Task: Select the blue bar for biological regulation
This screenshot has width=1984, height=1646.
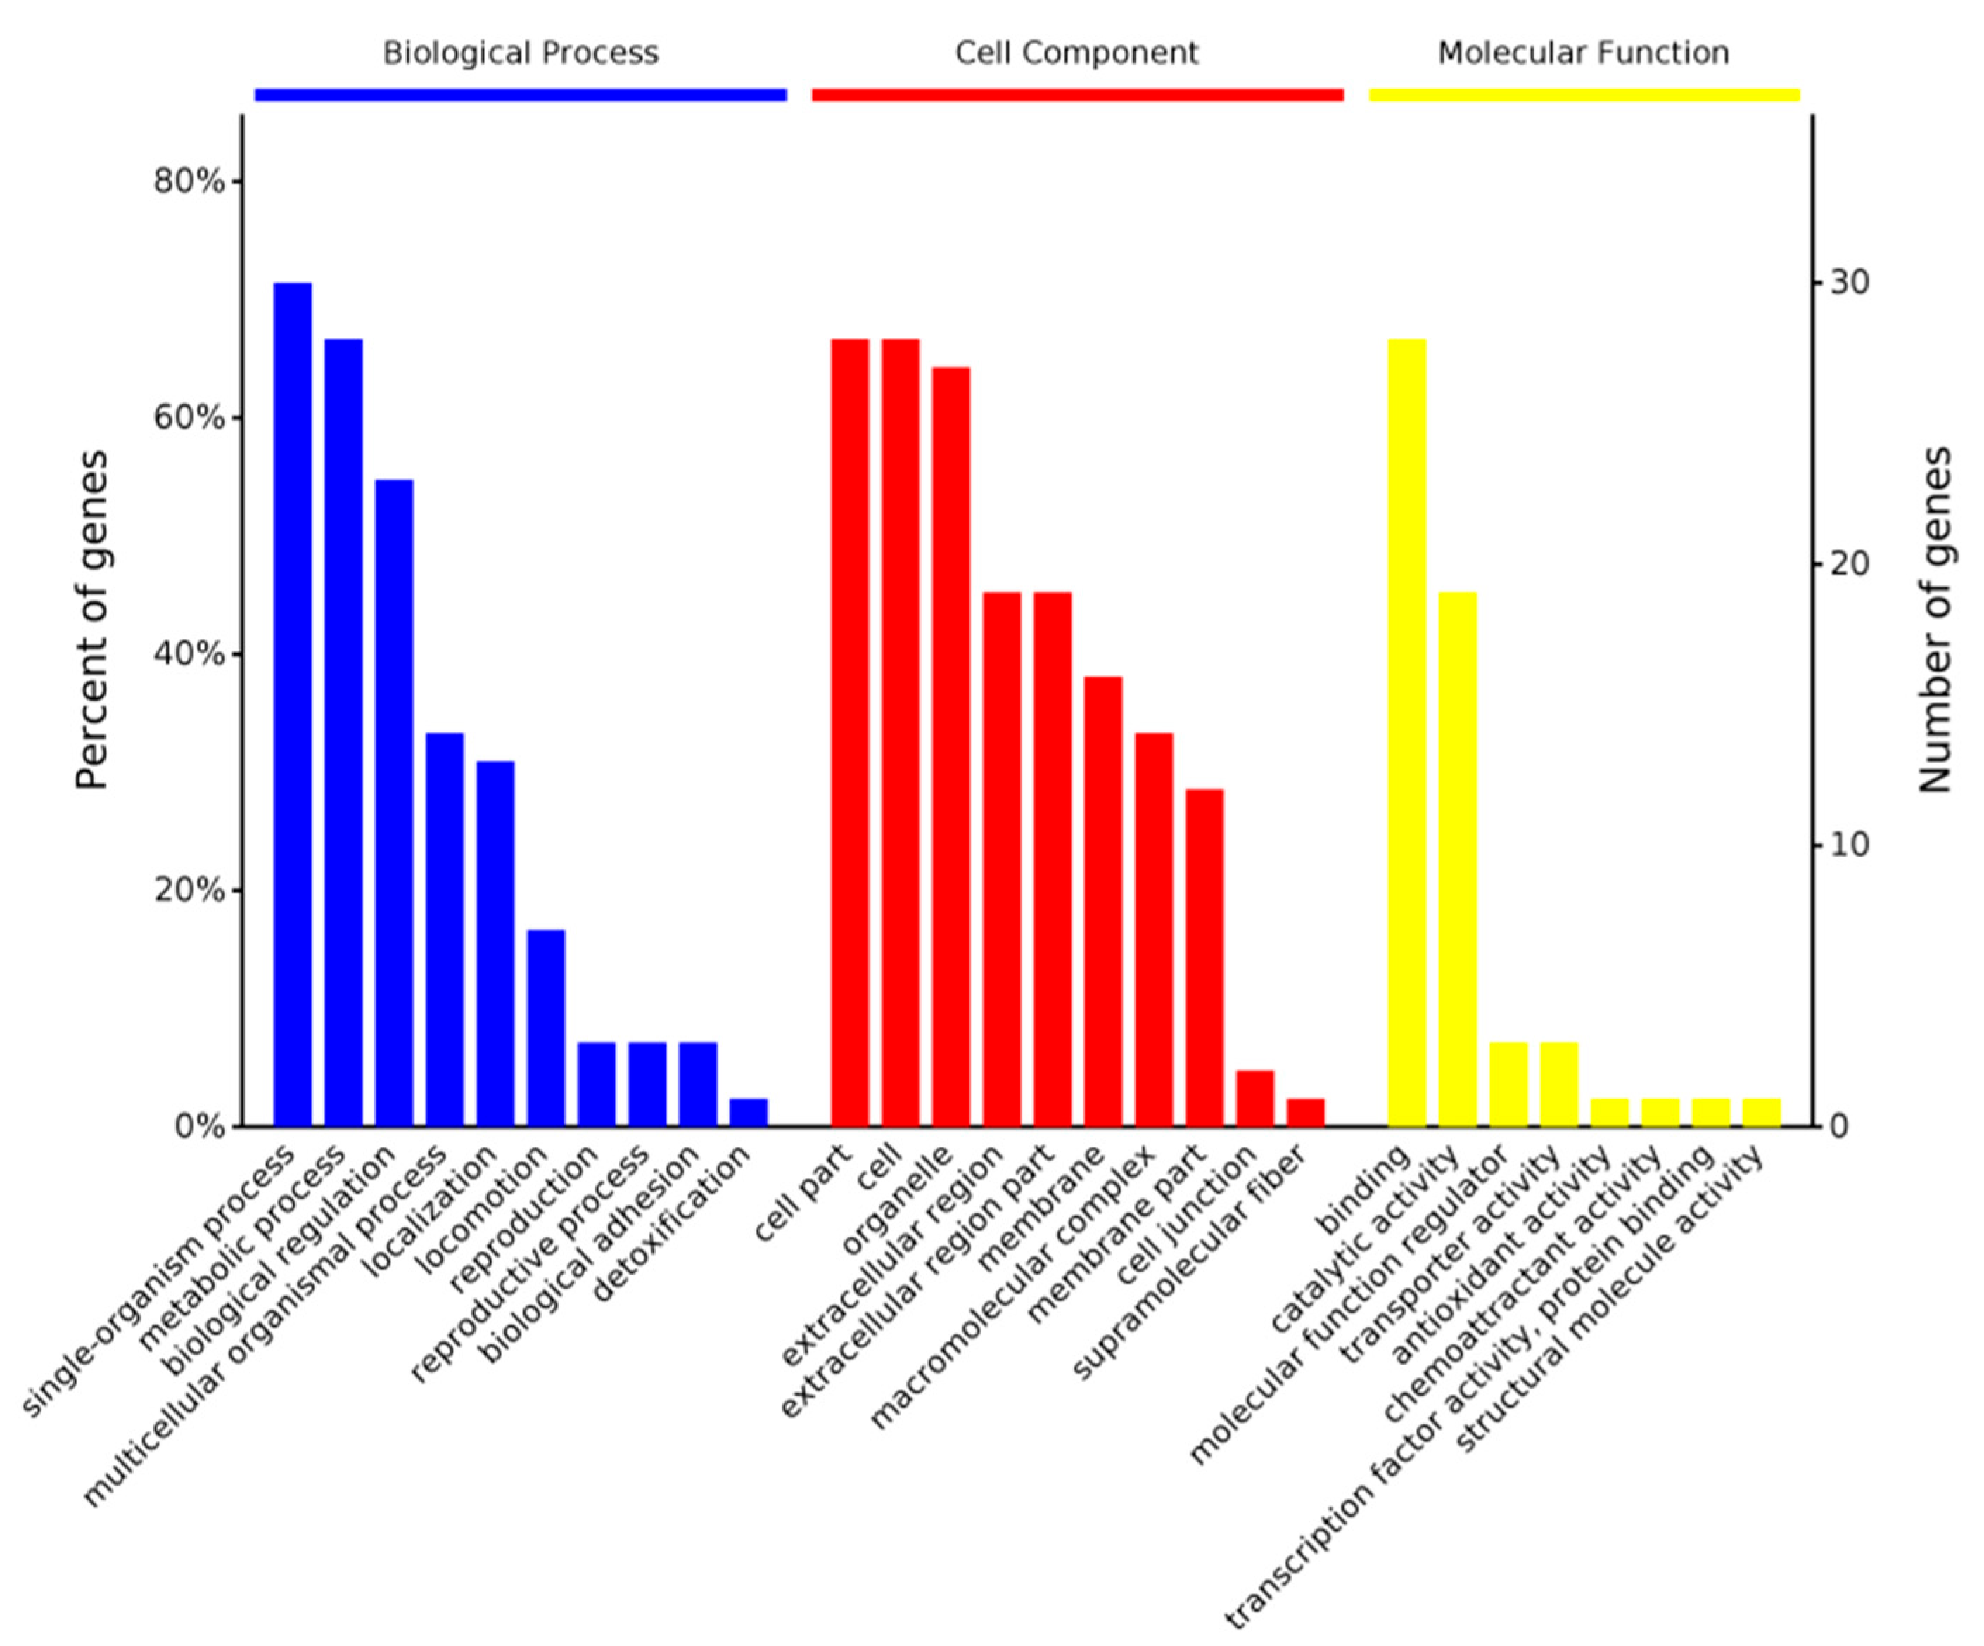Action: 394,803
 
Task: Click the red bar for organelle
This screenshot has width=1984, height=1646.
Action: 950,746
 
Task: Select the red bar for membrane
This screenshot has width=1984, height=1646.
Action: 1102,901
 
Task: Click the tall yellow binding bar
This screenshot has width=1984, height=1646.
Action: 1407,732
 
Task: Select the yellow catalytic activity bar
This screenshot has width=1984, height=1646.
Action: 1458,860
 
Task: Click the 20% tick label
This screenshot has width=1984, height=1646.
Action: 189,890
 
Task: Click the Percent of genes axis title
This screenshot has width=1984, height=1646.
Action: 91,620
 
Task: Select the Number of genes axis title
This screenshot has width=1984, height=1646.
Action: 1935,620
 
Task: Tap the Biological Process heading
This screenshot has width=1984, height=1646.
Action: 520,53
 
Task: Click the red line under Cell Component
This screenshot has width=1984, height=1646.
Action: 1077,94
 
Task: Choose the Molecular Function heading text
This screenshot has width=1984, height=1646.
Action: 1584,53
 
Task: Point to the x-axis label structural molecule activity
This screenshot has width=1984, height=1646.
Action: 1606,1303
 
